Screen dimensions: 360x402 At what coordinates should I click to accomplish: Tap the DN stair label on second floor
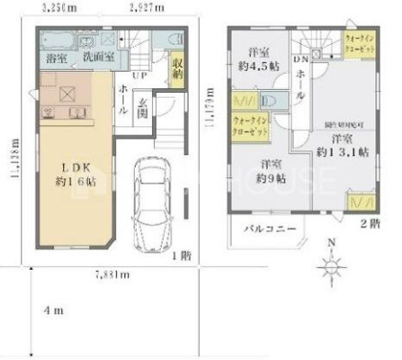point(301,36)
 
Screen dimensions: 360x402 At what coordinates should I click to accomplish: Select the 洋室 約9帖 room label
point(266,170)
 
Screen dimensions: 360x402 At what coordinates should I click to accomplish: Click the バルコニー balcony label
point(272,229)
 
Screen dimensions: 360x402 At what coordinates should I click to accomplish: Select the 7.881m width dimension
point(112,274)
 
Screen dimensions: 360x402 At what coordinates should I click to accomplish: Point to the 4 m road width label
point(55,310)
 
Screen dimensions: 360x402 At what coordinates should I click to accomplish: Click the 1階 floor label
point(183,256)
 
